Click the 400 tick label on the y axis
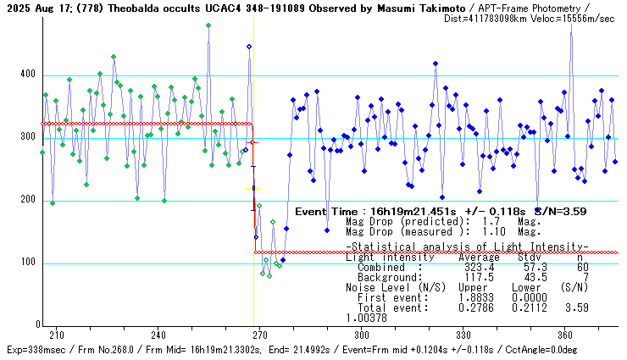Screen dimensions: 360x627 (29, 75)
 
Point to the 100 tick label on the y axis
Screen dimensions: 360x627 (29, 263)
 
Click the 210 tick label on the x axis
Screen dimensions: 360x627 (56, 335)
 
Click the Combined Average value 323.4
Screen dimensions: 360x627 (479, 267)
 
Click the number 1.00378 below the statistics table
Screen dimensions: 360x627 (366, 318)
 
